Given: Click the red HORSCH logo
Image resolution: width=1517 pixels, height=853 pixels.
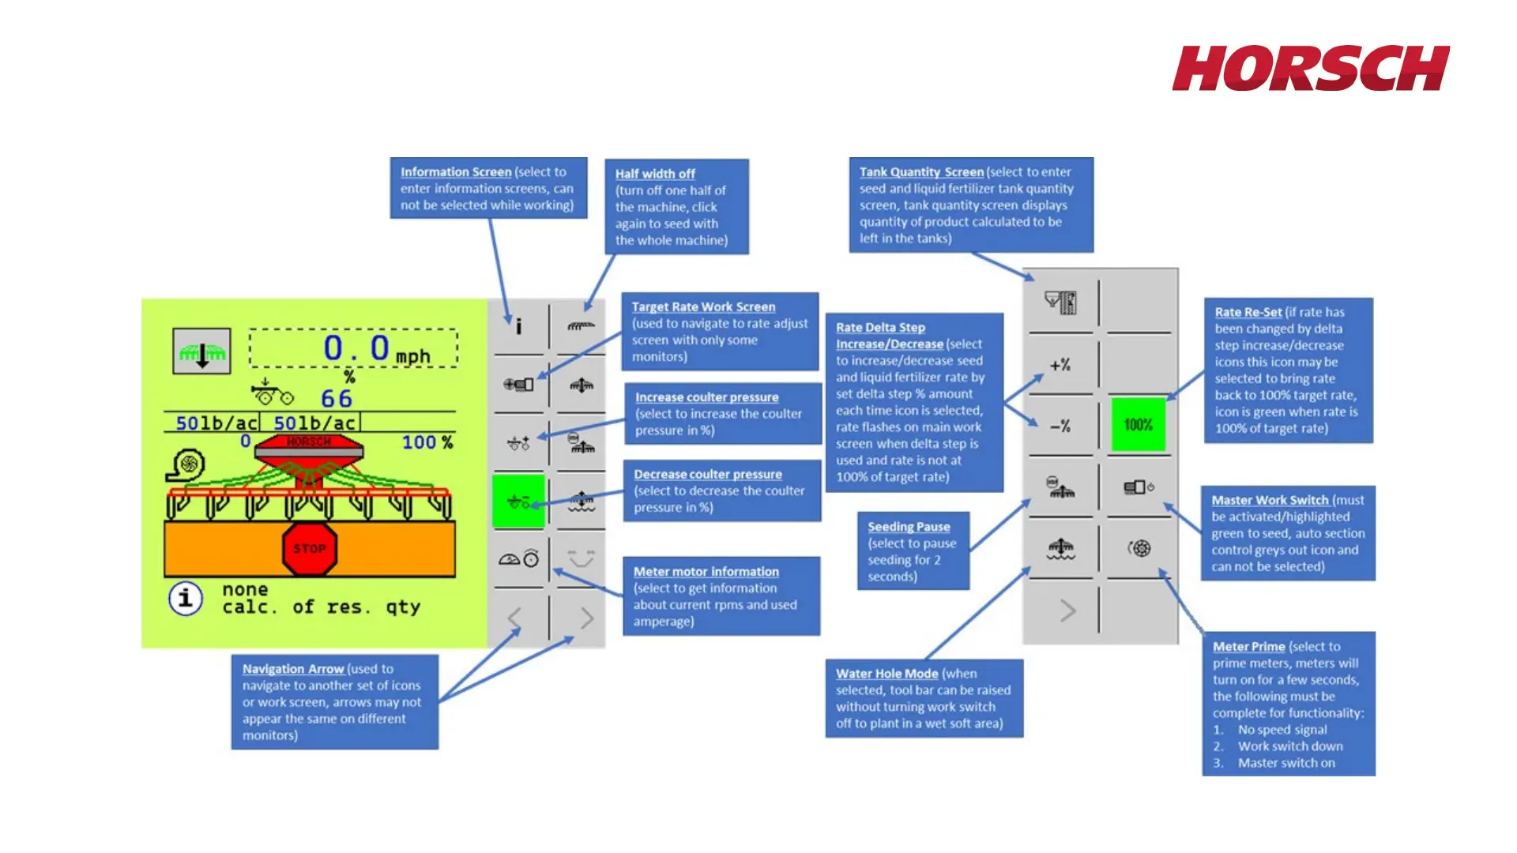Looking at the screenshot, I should click(1310, 69).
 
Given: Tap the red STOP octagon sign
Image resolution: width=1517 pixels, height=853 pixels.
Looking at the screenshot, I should click(310, 547).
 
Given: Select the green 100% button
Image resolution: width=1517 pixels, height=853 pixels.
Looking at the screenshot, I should click(1138, 425).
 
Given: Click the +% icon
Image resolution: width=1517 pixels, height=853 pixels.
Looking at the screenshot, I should click(1060, 365).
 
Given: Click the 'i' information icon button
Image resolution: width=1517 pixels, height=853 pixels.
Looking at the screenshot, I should click(518, 325).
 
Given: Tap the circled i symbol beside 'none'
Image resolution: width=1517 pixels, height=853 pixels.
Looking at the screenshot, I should click(186, 598).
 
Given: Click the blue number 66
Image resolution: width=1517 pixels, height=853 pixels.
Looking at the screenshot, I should click(337, 399).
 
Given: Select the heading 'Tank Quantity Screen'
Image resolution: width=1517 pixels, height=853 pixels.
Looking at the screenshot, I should click(921, 172).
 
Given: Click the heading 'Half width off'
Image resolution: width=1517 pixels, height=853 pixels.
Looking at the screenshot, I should click(655, 174).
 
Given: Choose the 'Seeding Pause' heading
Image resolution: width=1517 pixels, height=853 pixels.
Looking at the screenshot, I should click(909, 527).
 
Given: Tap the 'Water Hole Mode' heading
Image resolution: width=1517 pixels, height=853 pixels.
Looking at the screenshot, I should click(886, 674).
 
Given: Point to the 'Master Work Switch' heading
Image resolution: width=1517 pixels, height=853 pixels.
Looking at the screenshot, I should click(1270, 500).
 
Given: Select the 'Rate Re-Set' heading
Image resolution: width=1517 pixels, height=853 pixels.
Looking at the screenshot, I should click(1248, 312).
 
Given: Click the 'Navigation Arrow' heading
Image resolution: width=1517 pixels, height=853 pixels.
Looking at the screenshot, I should click(292, 669).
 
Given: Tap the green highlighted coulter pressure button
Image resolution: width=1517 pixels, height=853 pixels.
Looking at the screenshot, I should click(518, 502).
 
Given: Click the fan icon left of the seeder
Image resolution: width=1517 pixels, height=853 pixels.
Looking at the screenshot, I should click(187, 465).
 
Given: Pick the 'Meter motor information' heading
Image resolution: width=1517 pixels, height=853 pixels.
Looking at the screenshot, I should click(706, 572).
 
